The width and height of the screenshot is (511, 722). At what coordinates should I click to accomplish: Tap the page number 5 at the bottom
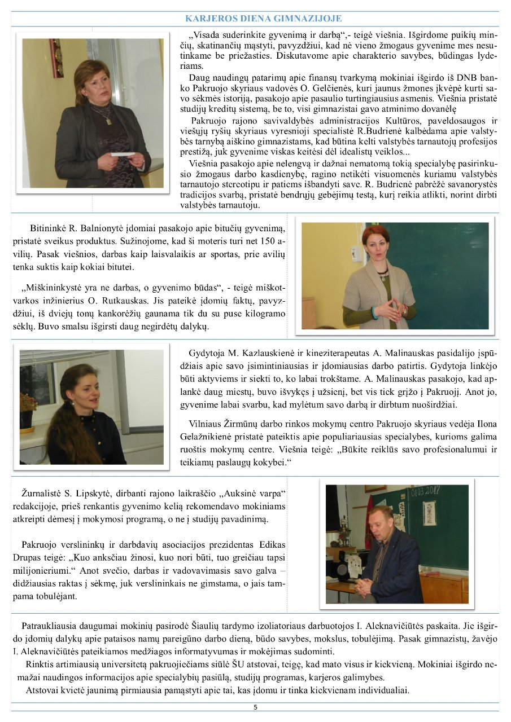point(255,707)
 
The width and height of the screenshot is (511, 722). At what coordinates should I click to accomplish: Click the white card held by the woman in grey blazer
point(123,153)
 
